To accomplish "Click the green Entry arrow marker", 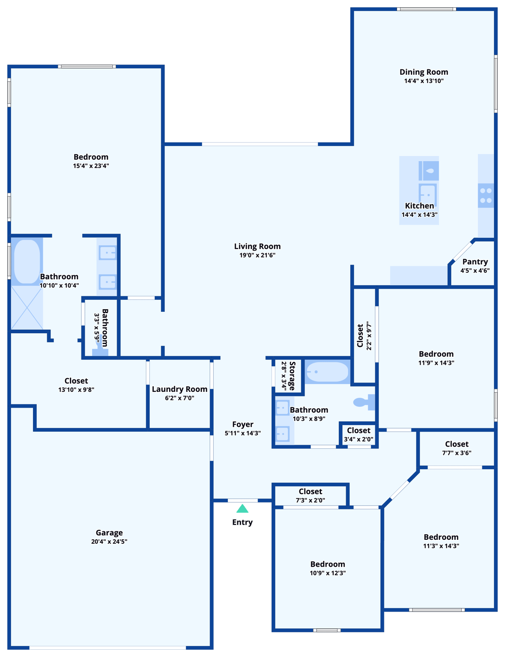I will tap(242, 509).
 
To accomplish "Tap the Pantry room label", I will tap(475, 262).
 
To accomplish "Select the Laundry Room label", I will tap(179, 389).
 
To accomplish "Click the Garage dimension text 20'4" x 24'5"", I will tap(109, 542).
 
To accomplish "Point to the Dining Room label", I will tap(424, 72).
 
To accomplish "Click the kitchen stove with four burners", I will tap(486, 195).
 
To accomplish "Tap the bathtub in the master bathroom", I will tap(27, 262).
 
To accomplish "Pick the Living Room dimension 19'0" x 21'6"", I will tap(257, 255).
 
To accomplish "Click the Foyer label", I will tap(242, 424).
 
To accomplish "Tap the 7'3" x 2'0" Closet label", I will tap(310, 491).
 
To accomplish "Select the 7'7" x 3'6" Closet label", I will tap(457, 444).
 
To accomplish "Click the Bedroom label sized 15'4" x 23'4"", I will tap(91, 157).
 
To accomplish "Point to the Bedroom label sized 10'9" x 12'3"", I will tap(328, 564).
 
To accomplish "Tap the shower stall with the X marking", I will tap(27, 308).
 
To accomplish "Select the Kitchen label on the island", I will tap(419, 206).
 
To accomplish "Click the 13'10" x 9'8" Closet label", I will tap(76, 381).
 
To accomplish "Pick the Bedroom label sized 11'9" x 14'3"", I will tap(436, 354).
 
